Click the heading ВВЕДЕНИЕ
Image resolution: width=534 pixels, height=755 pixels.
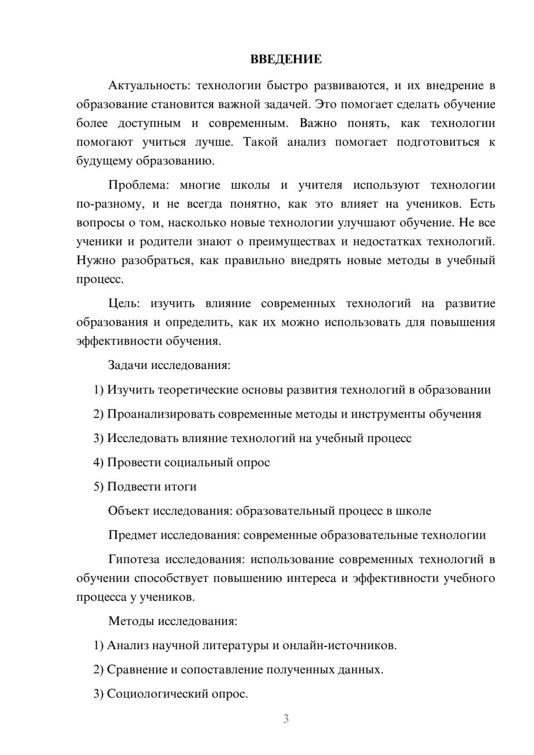(x=286, y=59)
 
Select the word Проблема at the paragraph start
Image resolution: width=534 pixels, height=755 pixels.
(x=138, y=185)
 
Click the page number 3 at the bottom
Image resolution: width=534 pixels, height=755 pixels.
(x=286, y=719)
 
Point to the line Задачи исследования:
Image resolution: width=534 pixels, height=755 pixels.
(x=169, y=366)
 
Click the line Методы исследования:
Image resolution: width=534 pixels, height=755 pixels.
(x=172, y=621)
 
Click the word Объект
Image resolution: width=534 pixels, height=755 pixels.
(x=129, y=511)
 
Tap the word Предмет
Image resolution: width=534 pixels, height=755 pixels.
(x=132, y=535)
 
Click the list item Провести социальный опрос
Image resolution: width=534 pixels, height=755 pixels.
(x=189, y=462)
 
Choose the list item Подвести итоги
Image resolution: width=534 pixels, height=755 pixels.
(x=152, y=486)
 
